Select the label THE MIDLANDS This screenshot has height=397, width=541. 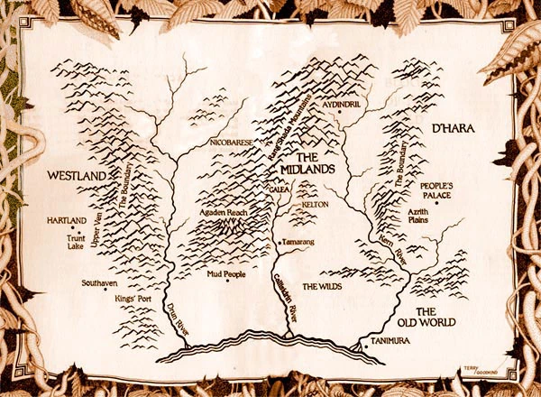coord(302,162)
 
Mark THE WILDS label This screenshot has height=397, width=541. coord(322,287)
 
